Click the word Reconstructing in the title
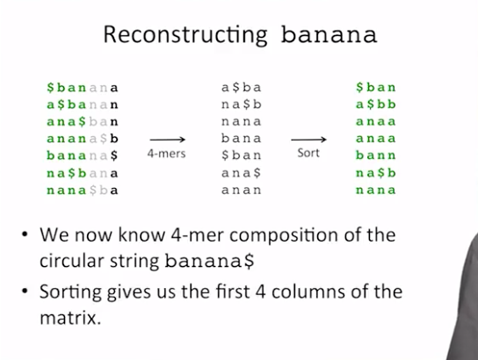[x=185, y=35]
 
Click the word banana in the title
[x=329, y=34]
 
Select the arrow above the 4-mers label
[x=168, y=140]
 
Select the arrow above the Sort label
[x=308, y=140]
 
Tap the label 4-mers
[x=166, y=153]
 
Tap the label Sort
[x=308, y=153]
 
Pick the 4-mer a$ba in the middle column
[x=241, y=88]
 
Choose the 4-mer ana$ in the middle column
[x=241, y=173]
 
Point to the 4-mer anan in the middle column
[x=241, y=190]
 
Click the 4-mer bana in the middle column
[x=241, y=138]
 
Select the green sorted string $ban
[x=375, y=88]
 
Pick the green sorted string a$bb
[x=375, y=104]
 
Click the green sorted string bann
[x=375, y=155]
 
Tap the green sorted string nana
[x=375, y=190]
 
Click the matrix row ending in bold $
[x=82, y=155]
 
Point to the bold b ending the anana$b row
[x=114, y=139]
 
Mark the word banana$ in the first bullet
[x=209, y=261]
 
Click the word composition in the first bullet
[x=284, y=235]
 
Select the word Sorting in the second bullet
[x=70, y=292]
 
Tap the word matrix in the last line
[x=70, y=318]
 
